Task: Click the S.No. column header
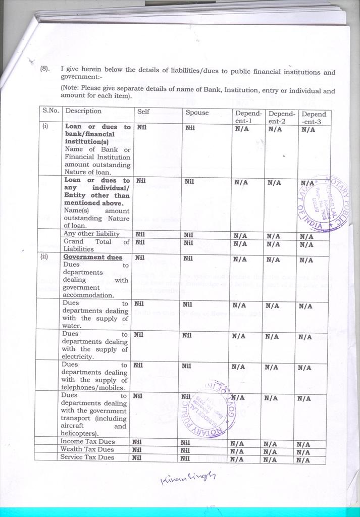point(50,111)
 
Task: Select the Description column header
point(83,111)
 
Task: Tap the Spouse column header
point(197,113)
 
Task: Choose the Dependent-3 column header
point(314,118)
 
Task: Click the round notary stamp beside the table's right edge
point(319,203)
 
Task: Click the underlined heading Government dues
point(93,257)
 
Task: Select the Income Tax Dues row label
point(87,442)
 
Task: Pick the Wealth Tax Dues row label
point(87,449)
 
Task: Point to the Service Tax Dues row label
point(87,457)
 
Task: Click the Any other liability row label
point(91,234)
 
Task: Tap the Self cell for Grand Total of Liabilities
point(140,242)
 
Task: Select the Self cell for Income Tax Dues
point(137,442)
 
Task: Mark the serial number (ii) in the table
point(44,256)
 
